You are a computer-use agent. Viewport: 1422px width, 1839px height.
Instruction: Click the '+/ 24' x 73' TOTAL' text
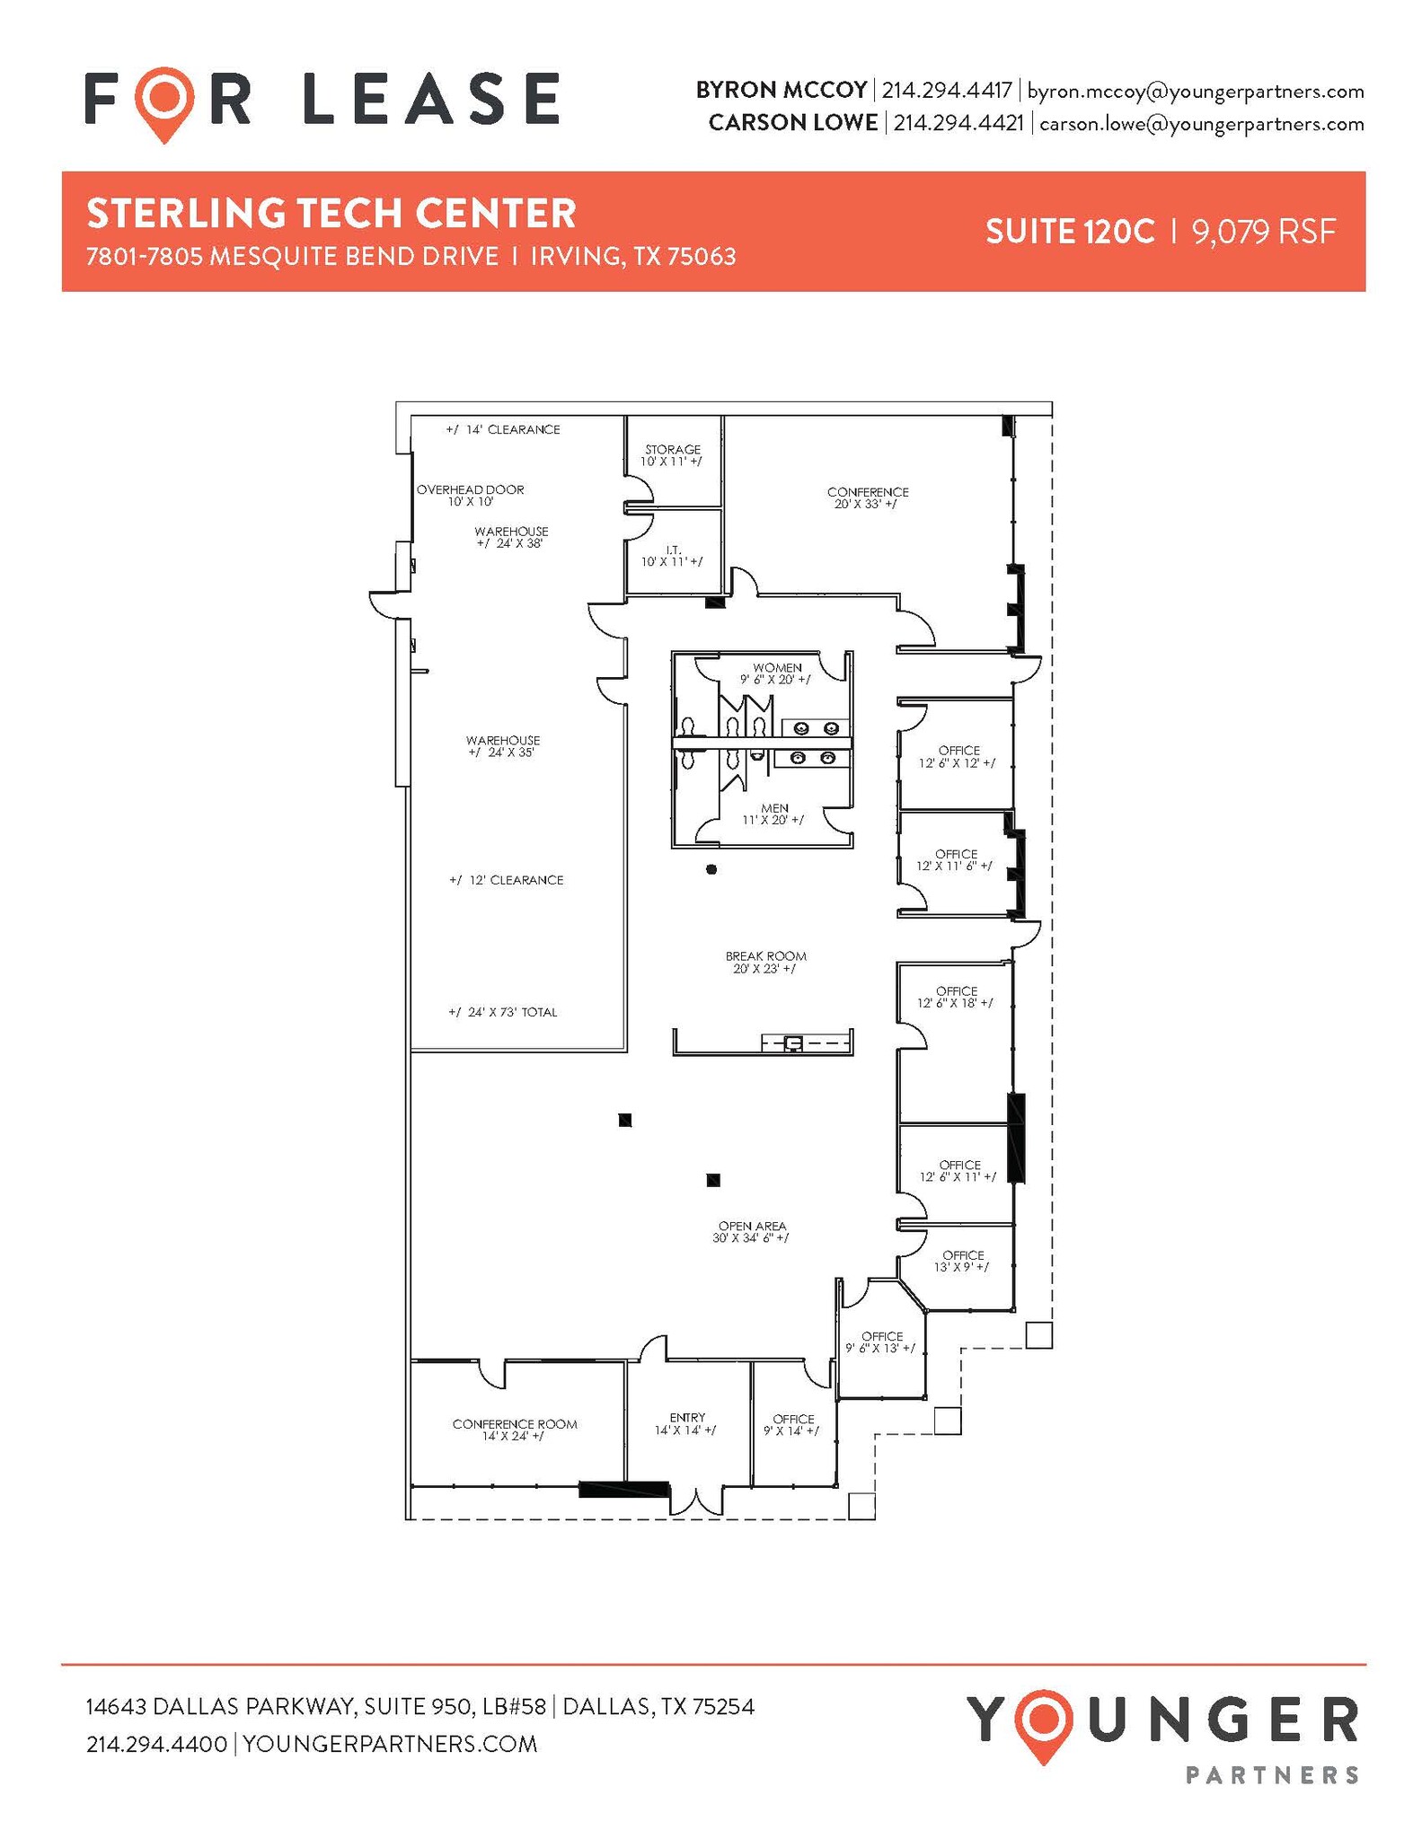pyautogui.click(x=502, y=1012)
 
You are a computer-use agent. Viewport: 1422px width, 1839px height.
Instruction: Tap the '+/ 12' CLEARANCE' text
pyautogui.click(x=506, y=880)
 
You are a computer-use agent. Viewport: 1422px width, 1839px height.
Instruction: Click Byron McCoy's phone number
pyautogui.click(x=946, y=91)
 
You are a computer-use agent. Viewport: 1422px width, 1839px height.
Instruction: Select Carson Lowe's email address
pyautogui.click(x=1201, y=124)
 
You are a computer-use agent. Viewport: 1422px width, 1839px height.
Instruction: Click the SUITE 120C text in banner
pyautogui.click(x=1069, y=232)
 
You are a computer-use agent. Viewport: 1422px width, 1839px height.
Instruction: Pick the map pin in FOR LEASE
pyautogui.click(x=164, y=102)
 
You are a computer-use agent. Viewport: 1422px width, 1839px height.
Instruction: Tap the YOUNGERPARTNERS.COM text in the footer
pyautogui.click(x=390, y=1744)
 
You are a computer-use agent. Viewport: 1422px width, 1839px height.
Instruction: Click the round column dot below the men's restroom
pyautogui.click(x=711, y=869)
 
